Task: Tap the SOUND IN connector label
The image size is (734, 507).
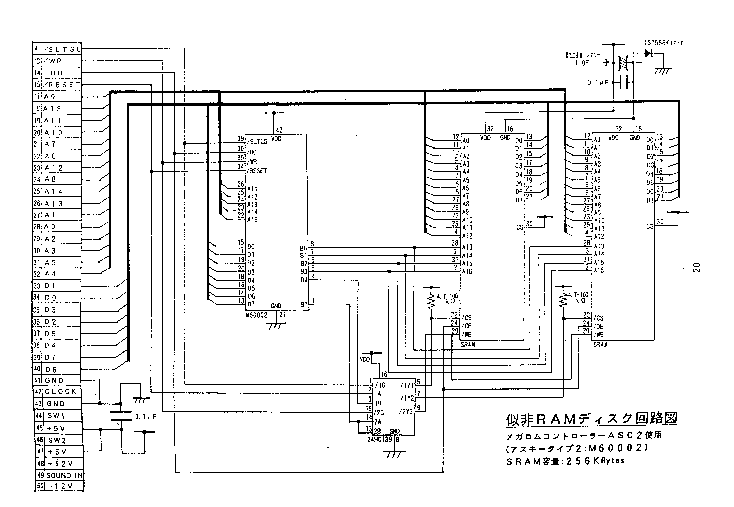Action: (x=64, y=476)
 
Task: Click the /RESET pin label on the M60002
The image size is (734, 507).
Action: (x=257, y=171)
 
